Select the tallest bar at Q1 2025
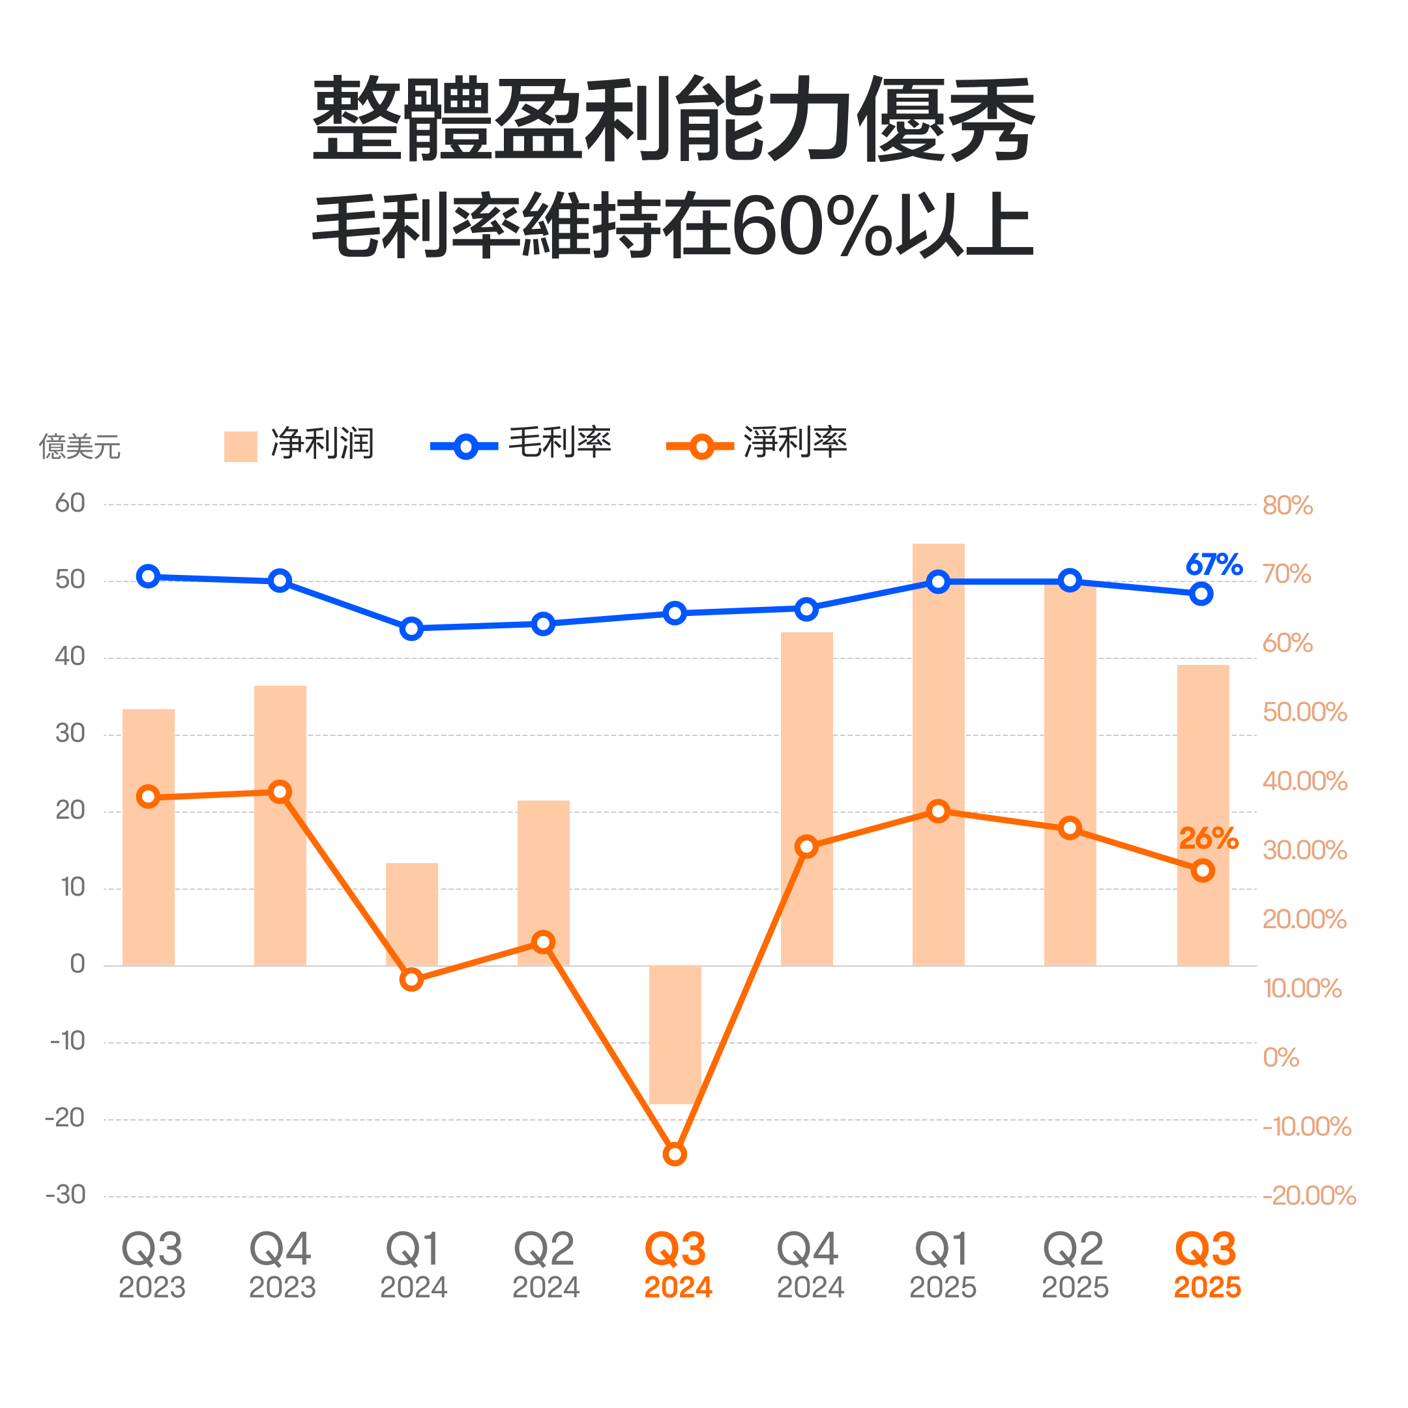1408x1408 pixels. click(938, 758)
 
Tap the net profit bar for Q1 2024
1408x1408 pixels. click(412, 915)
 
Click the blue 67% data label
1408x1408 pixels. click(1213, 565)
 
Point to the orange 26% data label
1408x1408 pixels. click(1209, 838)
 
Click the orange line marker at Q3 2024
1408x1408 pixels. click(675, 1154)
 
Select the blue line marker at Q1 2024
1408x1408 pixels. click(412, 628)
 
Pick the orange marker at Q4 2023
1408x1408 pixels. click(280, 792)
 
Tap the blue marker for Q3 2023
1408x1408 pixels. click(148, 576)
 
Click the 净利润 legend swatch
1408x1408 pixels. click(241, 446)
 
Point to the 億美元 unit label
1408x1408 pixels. click(80, 446)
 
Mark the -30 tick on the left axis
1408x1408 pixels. click(66, 1195)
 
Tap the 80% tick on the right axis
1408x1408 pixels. click(1287, 505)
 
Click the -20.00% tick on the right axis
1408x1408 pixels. click(1309, 1196)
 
